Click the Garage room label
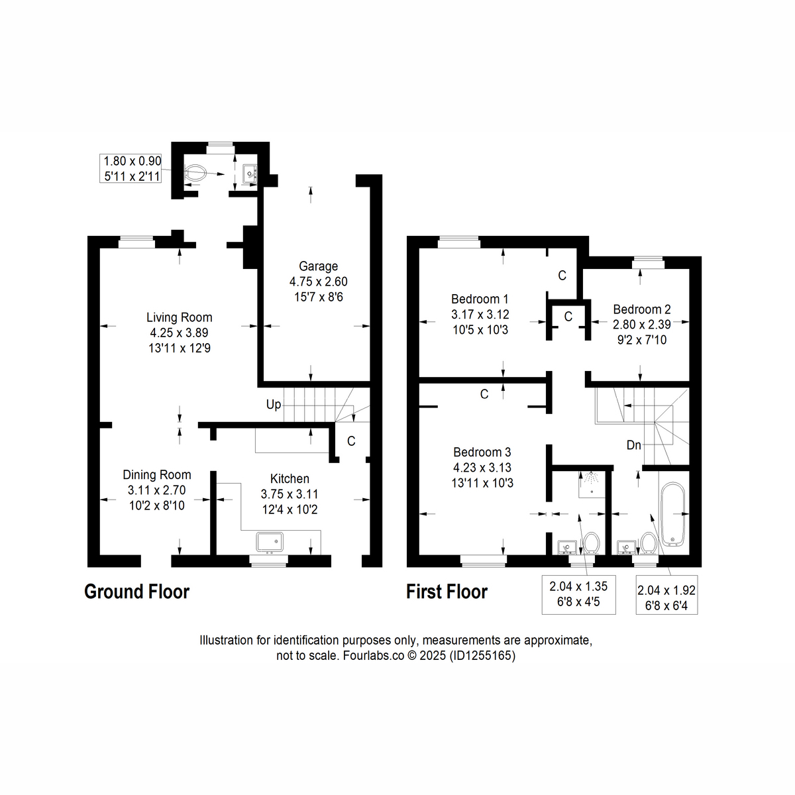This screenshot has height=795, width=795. click(318, 266)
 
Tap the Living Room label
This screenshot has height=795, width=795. click(179, 317)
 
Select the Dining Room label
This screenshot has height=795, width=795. click(157, 475)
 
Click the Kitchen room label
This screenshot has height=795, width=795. click(290, 479)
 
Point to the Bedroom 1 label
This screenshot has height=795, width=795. click(480, 299)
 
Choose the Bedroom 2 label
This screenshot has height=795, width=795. click(641, 309)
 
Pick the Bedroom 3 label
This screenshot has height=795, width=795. click(482, 452)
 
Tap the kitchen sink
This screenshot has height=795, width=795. click(270, 542)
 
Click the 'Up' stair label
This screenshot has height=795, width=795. click(274, 405)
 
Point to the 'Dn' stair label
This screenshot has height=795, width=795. click(633, 445)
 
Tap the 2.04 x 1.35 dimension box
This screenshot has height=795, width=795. click(578, 594)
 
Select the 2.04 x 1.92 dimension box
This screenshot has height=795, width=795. click(666, 598)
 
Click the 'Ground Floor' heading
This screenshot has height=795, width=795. click(136, 592)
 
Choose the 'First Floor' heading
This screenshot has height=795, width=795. click(447, 592)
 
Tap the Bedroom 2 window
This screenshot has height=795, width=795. click(647, 262)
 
